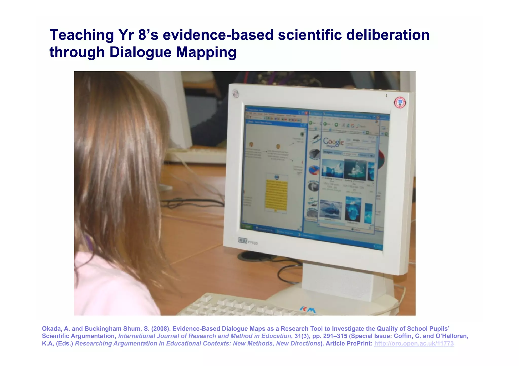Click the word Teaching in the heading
click(82, 35)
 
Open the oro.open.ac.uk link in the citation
click(414, 343)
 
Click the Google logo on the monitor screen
click(333, 142)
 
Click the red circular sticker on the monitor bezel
click(400, 103)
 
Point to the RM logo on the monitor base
click(308, 309)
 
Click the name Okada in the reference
click(52, 329)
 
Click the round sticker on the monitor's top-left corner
click(236, 94)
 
